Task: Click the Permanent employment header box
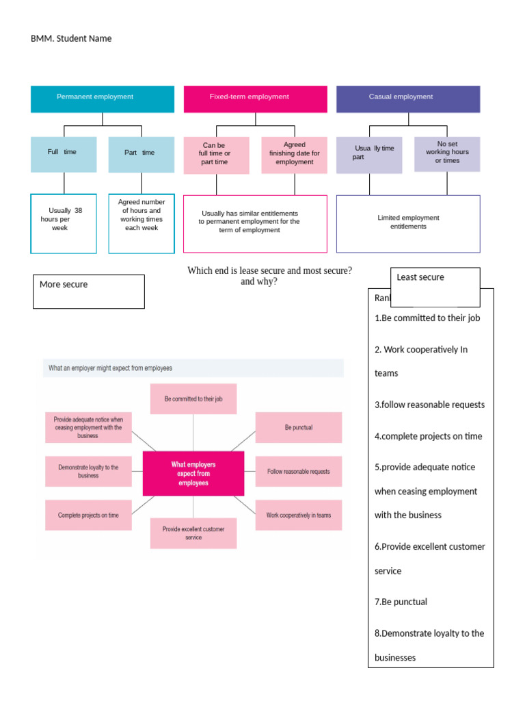[x=103, y=99]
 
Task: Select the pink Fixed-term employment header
[x=256, y=99]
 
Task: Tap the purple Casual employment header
[x=408, y=99]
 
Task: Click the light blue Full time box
[x=64, y=154]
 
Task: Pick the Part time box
[x=141, y=154]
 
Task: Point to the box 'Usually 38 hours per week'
[x=64, y=223]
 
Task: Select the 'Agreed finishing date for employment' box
[x=294, y=155]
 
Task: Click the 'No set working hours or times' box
[x=447, y=153]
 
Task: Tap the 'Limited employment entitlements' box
[x=408, y=223]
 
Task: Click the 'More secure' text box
[x=89, y=291]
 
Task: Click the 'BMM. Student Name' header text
[x=71, y=38]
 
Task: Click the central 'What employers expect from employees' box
[x=193, y=474]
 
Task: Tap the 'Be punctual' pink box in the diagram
[x=298, y=428]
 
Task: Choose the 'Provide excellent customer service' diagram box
[x=193, y=533]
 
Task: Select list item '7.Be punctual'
[x=401, y=602]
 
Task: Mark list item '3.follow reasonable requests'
[x=429, y=405]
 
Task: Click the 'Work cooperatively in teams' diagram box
[x=298, y=515]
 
